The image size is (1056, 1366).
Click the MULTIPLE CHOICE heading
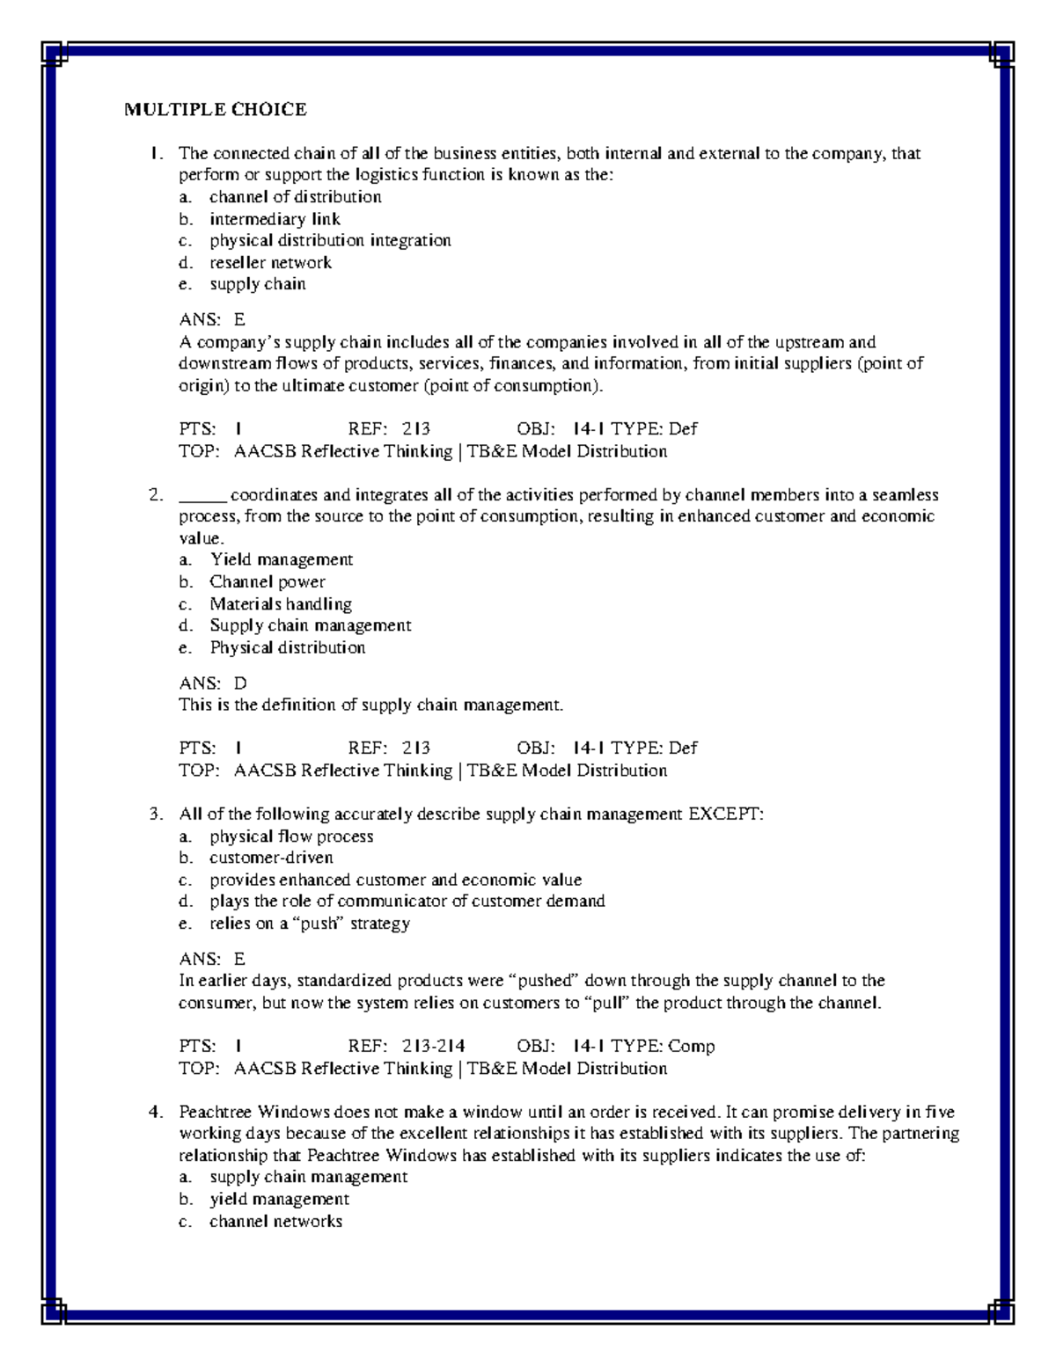click(x=215, y=110)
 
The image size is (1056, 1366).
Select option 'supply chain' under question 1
click(x=257, y=284)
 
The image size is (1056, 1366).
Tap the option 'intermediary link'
click(x=275, y=219)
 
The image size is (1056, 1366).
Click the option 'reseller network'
click(x=270, y=262)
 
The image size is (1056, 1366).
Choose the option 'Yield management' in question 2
click(x=281, y=559)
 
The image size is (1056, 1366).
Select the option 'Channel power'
click(x=267, y=581)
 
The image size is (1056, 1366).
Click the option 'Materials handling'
click(x=280, y=603)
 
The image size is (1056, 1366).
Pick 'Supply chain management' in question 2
click(x=310, y=625)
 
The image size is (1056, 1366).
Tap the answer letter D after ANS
click(x=240, y=683)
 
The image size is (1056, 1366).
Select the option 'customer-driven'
click(x=271, y=858)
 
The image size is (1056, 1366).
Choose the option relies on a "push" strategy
click(x=309, y=924)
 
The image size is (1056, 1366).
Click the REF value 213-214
click(x=433, y=1046)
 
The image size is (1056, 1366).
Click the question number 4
click(x=156, y=1112)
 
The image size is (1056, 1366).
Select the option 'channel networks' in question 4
click(x=275, y=1221)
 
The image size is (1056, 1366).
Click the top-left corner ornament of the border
click(x=55, y=55)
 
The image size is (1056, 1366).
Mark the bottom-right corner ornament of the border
click(x=1001, y=1311)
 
